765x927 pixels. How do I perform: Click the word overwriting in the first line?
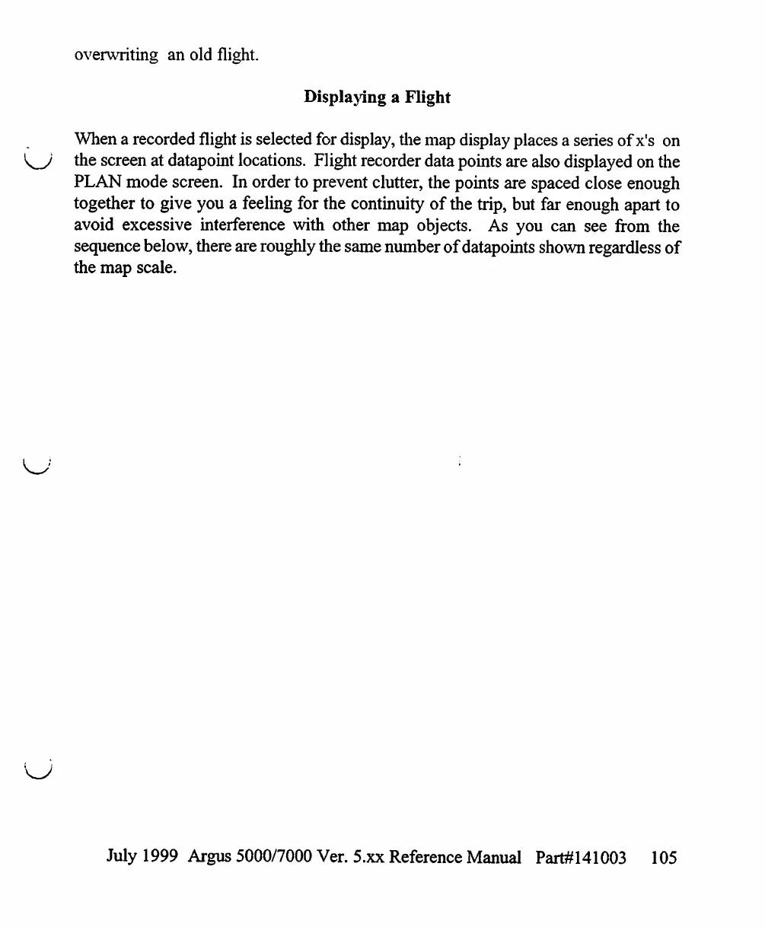116,56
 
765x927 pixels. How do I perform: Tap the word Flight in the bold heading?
428,97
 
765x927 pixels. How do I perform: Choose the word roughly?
269,247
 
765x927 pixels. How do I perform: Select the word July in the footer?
122,858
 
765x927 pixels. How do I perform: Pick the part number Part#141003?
581,858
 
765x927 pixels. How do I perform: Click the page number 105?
664,858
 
